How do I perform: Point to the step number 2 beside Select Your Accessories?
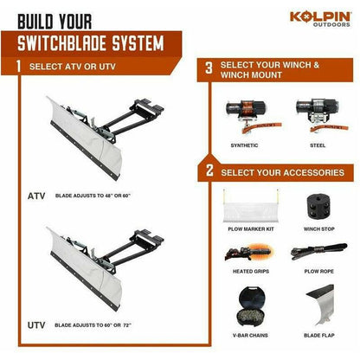[x=209, y=173]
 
